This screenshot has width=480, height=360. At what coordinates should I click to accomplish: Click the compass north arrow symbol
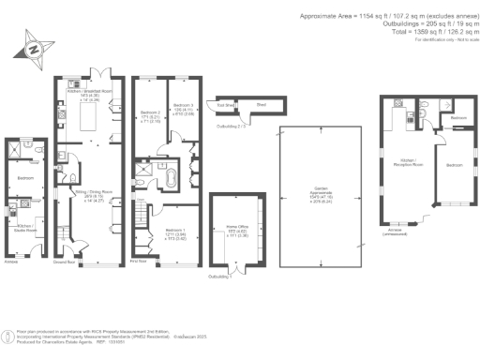pyautogui.click(x=36, y=48)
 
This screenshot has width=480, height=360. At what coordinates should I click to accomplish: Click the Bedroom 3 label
pyautogui.click(x=183, y=108)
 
